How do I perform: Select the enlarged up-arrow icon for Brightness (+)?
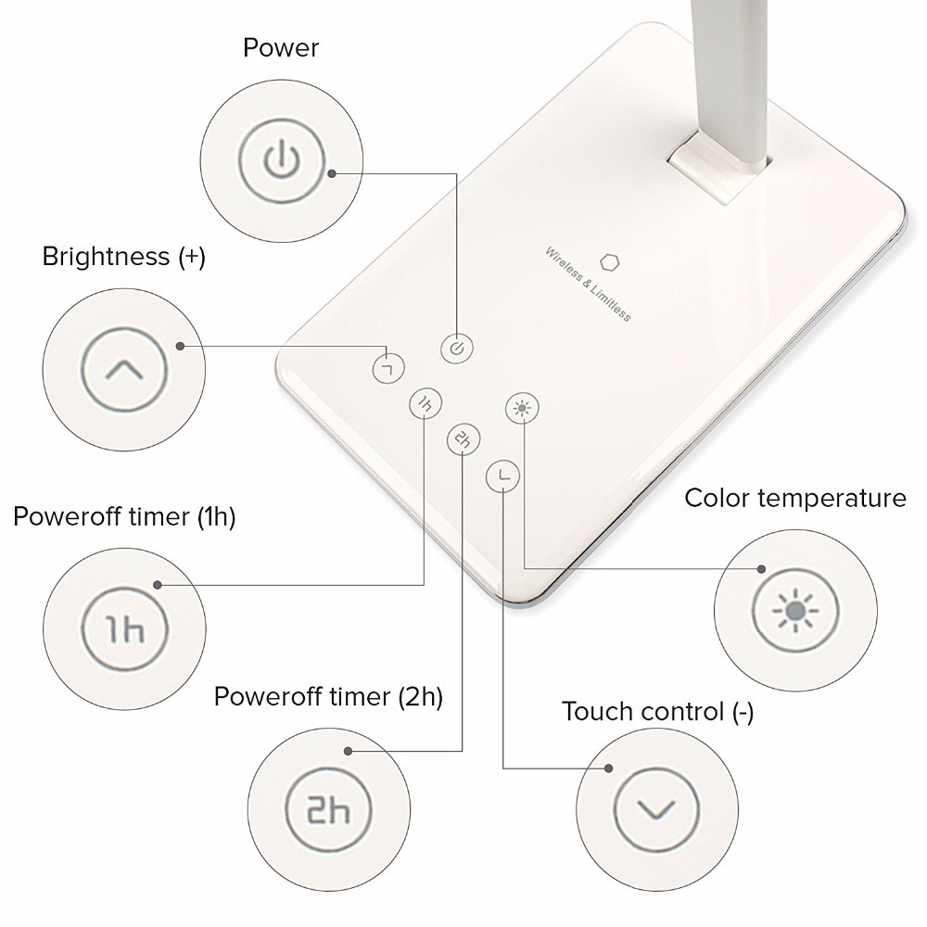(124, 370)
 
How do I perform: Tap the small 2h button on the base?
(463, 440)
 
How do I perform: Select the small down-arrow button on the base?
(502, 476)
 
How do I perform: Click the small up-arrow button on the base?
(389, 367)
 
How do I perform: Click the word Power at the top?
(280, 48)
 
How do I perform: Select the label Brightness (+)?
(123, 257)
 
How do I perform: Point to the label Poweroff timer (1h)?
(124, 516)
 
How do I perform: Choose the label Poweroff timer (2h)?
(328, 696)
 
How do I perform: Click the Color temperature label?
(794, 498)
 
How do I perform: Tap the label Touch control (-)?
(657, 712)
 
